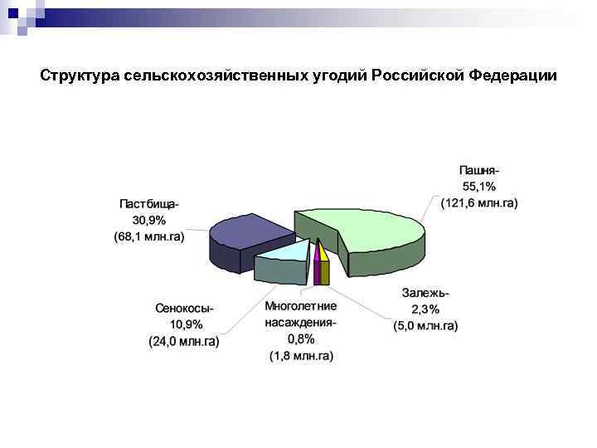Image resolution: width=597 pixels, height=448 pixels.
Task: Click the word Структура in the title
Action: pyautogui.click(x=80, y=76)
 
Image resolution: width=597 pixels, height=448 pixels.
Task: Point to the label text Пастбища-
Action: pyautogui.click(x=149, y=203)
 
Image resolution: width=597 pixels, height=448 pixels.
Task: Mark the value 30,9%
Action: pyautogui.click(x=149, y=220)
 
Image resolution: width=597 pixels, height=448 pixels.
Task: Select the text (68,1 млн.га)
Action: pyautogui.click(x=149, y=236)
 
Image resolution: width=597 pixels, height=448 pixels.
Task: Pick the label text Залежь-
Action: pyautogui.click(x=425, y=293)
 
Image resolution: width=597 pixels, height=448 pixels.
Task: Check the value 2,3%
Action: pyautogui.click(x=425, y=309)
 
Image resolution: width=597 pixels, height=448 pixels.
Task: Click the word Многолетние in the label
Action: pyautogui.click(x=301, y=306)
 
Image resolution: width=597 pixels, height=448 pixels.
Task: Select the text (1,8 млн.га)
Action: pyautogui.click(x=301, y=356)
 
